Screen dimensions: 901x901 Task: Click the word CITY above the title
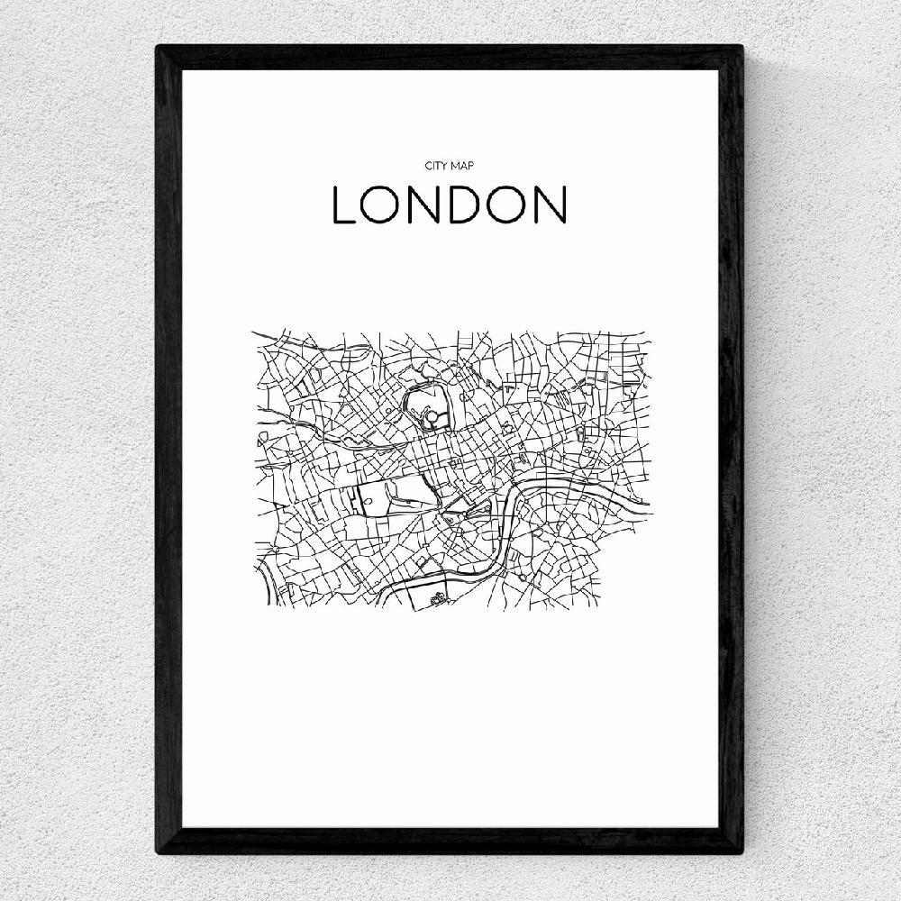(x=436, y=166)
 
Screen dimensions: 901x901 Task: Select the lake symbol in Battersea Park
(x=438, y=596)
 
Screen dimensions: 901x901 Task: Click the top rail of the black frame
(x=450, y=57)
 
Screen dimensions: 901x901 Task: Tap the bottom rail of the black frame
(x=450, y=841)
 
